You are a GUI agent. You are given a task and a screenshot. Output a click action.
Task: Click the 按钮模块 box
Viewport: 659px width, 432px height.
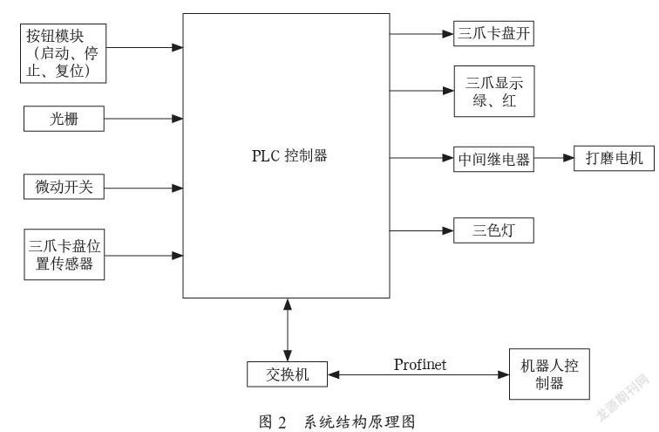pos(63,53)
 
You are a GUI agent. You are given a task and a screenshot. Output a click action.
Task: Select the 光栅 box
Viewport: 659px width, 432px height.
pos(64,119)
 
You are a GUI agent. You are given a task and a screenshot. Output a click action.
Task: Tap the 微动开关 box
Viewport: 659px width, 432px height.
pos(64,187)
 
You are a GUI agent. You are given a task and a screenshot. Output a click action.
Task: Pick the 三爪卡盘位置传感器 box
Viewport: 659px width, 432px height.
pos(64,255)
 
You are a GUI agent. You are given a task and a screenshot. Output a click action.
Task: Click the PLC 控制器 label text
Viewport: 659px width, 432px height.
pos(289,155)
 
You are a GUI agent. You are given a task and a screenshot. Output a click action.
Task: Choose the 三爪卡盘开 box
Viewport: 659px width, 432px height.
pos(494,33)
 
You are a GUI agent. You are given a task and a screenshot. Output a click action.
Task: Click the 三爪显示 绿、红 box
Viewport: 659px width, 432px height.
pos(494,91)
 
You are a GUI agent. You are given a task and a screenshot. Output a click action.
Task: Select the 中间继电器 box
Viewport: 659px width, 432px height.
pos(494,159)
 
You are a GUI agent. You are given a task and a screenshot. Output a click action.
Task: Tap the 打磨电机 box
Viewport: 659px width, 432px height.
pos(614,158)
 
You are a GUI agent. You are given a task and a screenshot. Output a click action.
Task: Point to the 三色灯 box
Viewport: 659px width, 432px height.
pos(494,230)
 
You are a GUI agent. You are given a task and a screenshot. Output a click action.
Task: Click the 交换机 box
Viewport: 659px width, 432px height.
pos(287,374)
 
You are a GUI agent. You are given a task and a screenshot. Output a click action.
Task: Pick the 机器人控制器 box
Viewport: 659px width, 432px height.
pos(549,374)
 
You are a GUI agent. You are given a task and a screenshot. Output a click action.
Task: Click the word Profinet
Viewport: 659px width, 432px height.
pos(420,364)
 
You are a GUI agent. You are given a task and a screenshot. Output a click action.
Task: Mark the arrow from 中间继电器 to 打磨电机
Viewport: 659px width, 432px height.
pos(554,158)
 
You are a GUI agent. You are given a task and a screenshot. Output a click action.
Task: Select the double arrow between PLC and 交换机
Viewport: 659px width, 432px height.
pos(288,330)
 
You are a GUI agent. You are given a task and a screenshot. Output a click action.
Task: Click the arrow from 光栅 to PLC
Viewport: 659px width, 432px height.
pos(143,119)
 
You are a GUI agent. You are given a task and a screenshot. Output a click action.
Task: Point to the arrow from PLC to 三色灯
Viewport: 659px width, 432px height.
pos(422,230)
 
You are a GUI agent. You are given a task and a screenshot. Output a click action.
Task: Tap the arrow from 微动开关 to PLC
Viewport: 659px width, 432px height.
pos(143,188)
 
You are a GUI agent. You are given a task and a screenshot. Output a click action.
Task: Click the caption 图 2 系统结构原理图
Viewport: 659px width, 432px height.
pos(337,422)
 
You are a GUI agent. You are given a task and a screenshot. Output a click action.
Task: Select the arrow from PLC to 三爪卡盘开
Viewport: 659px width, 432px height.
pos(422,34)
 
